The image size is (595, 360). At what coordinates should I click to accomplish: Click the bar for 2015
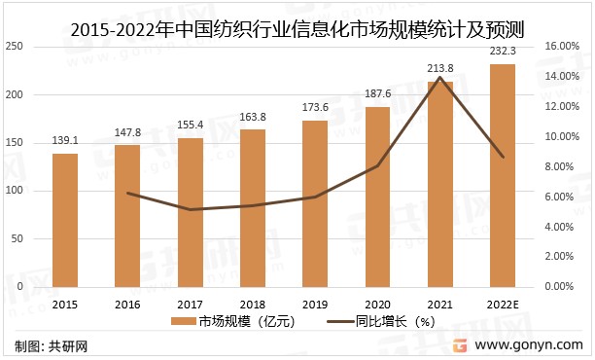65,220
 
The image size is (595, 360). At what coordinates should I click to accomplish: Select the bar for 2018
253,208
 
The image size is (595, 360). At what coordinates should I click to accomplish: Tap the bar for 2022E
503,175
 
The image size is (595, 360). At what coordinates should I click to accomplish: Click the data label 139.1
65,141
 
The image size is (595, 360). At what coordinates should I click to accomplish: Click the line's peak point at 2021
440,77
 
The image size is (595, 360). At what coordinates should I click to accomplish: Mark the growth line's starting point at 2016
127,193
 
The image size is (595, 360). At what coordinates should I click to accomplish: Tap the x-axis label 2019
315,304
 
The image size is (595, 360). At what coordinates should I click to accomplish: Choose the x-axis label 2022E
503,304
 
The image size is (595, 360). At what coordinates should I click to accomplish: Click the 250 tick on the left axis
17,47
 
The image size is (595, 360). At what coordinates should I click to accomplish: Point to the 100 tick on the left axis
17,191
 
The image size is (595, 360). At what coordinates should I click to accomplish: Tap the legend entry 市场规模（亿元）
234,321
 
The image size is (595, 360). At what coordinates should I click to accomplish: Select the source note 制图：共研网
49,346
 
